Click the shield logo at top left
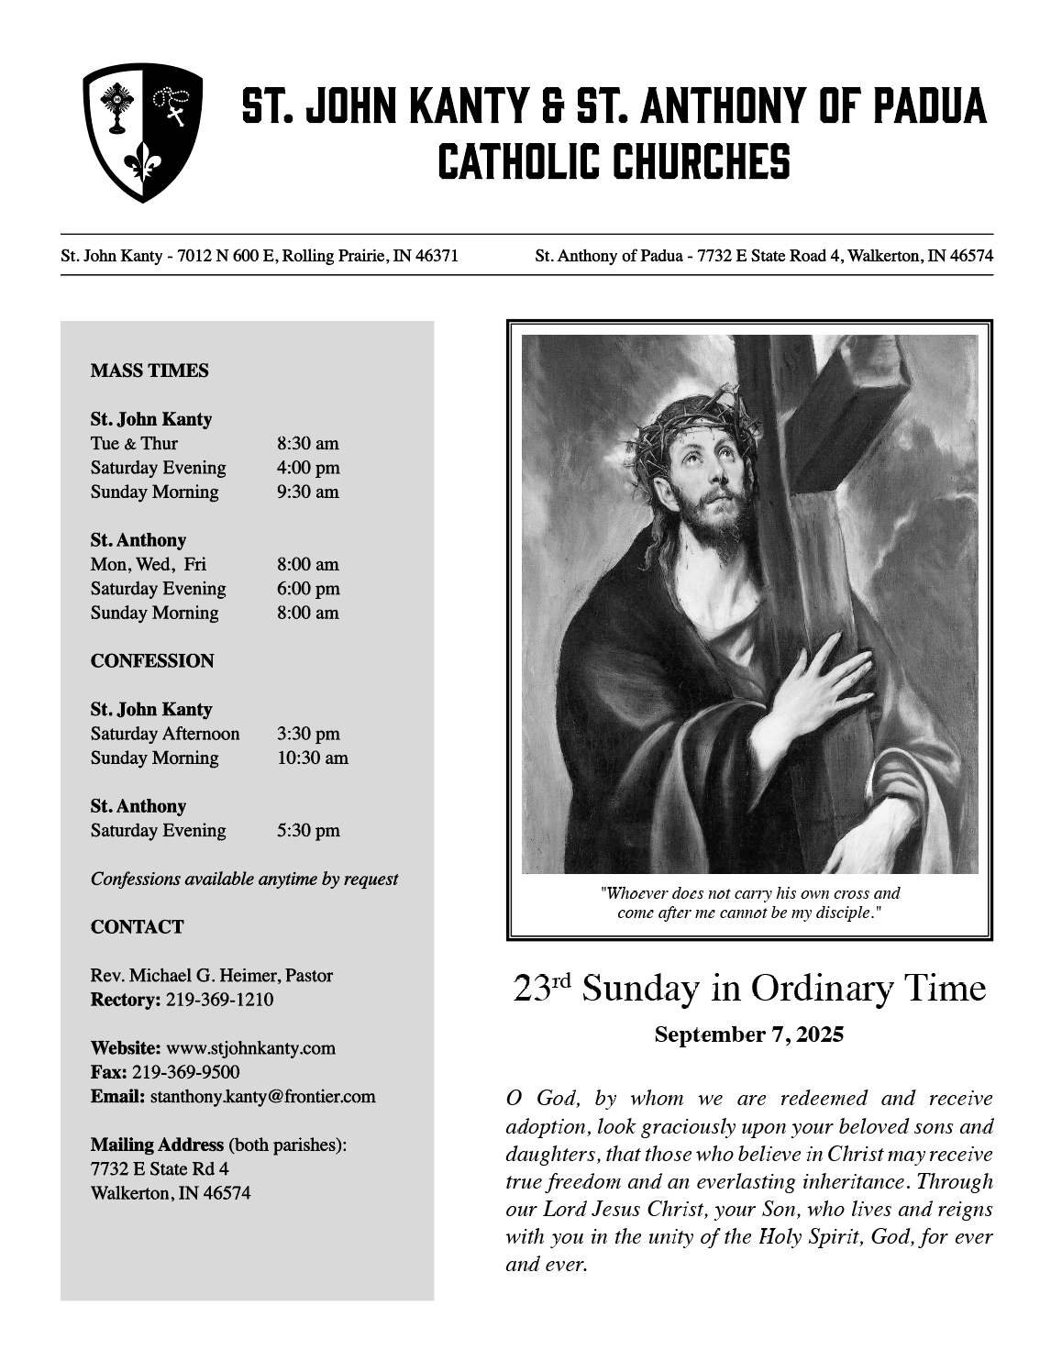pyautogui.click(x=142, y=132)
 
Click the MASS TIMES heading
pyautogui.click(x=149, y=371)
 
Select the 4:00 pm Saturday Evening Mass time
pyautogui.click(x=308, y=468)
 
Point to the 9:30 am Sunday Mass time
pyautogui.click(x=308, y=492)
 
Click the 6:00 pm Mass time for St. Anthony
pyautogui.click(x=308, y=589)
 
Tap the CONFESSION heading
pyautogui.click(x=152, y=661)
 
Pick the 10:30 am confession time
pyautogui.click(x=313, y=758)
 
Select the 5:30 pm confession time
pyautogui.click(x=308, y=831)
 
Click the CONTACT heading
pyautogui.click(x=137, y=927)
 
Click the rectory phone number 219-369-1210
pyautogui.click(x=219, y=1000)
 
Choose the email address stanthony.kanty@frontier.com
pyautogui.click(x=262, y=1097)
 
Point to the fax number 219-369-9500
pyautogui.click(x=186, y=1073)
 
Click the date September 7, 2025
pyautogui.click(x=748, y=1035)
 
